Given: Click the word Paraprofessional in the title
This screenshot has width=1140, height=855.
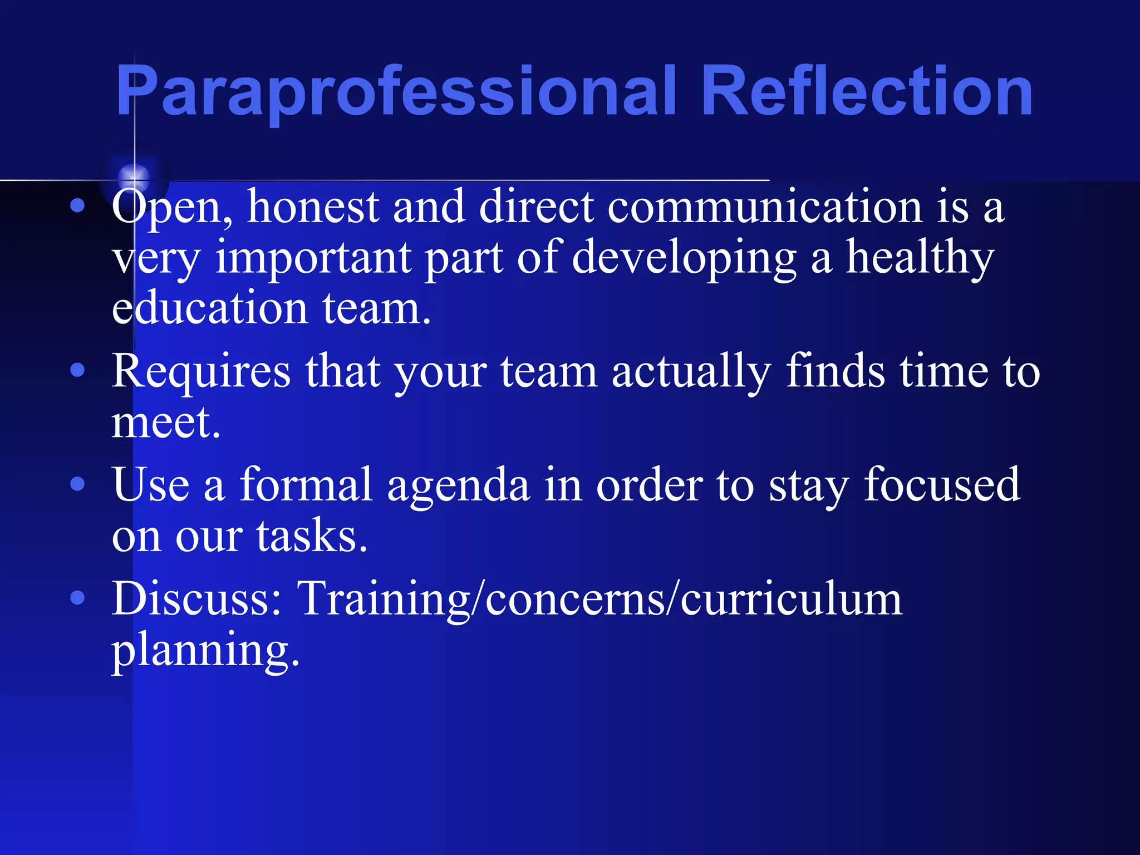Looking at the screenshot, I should tap(395, 92).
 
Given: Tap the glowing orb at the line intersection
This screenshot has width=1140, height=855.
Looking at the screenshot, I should tap(134, 178).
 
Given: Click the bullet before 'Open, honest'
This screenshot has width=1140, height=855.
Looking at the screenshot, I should tap(78, 207).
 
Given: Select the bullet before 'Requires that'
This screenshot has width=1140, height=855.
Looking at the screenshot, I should tap(78, 371).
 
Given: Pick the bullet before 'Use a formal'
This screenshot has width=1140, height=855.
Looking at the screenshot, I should tap(78, 484).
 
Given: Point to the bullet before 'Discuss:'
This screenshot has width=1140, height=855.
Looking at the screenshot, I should tap(78, 598).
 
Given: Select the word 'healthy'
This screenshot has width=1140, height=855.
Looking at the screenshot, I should tap(920, 257).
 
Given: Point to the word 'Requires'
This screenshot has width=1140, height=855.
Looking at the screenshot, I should tap(201, 371).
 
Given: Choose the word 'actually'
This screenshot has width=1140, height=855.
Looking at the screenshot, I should tap(691, 371).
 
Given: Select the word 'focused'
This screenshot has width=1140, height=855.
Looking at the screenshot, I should tap(941, 484).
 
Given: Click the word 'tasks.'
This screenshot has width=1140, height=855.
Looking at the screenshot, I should tap(312, 535).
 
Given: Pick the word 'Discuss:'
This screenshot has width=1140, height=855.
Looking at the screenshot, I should tap(197, 598).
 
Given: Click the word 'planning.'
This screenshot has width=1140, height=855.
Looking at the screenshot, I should tap(205, 650).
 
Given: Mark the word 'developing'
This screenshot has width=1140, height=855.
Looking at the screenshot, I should tap(684, 257).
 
